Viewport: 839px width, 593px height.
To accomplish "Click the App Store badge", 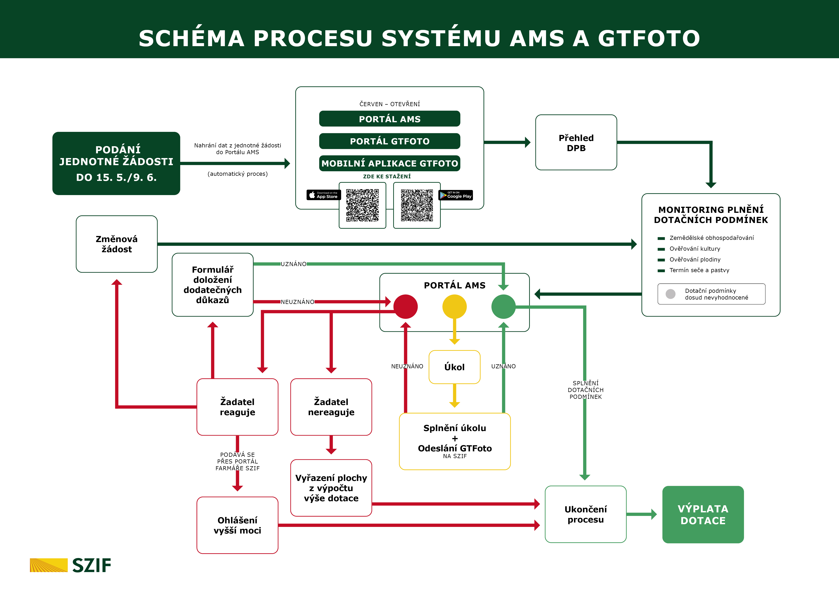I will [x=323, y=195].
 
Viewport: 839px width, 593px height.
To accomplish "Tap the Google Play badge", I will [x=456, y=195].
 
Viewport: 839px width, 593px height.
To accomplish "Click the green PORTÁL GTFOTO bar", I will [x=389, y=141].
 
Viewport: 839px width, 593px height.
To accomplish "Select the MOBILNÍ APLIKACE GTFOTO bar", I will [x=389, y=163].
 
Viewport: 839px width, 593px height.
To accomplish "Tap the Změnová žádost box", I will [x=117, y=244].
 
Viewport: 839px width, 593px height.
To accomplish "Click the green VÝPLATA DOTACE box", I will [x=703, y=515].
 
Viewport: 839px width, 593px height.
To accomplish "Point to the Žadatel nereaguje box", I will [x=331, y=407].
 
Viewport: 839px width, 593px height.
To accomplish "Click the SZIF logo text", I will [x=92, y=565].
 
